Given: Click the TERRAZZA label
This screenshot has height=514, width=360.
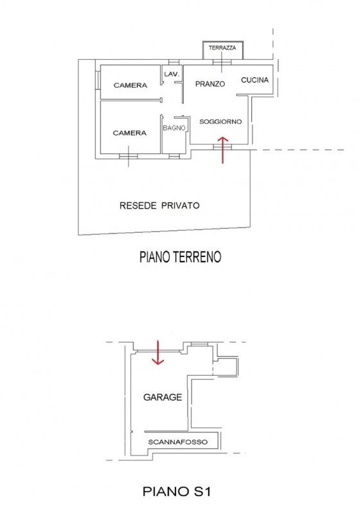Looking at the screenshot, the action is point(222,48).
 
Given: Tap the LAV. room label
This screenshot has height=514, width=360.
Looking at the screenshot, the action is point(172,75).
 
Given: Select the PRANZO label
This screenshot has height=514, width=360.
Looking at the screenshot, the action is point(210,84).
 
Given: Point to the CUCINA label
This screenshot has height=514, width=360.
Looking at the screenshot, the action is point(255,80).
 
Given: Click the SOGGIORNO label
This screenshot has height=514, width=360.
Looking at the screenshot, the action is point(221,121).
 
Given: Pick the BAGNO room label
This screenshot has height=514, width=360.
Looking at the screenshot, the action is point(174,128).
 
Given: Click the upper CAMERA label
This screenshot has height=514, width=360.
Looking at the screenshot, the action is point(130,85).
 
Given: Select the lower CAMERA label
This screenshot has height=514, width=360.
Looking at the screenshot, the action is point(129,133).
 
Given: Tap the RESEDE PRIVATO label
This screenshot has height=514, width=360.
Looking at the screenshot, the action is point(159,206).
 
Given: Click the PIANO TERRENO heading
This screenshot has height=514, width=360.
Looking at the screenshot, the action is point(181,257).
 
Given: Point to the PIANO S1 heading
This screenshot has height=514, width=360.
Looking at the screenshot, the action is point(176,492).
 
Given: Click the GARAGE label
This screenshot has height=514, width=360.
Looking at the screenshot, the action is point(163,397).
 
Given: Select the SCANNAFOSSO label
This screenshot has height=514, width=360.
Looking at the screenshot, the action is point(178,442).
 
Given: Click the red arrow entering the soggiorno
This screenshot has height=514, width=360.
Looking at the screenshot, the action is point(222,150).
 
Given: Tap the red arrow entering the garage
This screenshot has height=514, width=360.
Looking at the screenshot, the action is point(157,353).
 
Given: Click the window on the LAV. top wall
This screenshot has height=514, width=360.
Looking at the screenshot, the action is point(174,62).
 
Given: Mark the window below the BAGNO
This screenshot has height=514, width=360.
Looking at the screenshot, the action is point(174,156).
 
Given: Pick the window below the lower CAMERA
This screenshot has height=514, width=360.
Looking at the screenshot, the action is point(128,156).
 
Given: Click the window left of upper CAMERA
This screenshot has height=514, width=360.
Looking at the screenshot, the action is point(98,80).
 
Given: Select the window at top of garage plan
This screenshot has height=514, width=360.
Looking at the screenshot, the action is point(199,344).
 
